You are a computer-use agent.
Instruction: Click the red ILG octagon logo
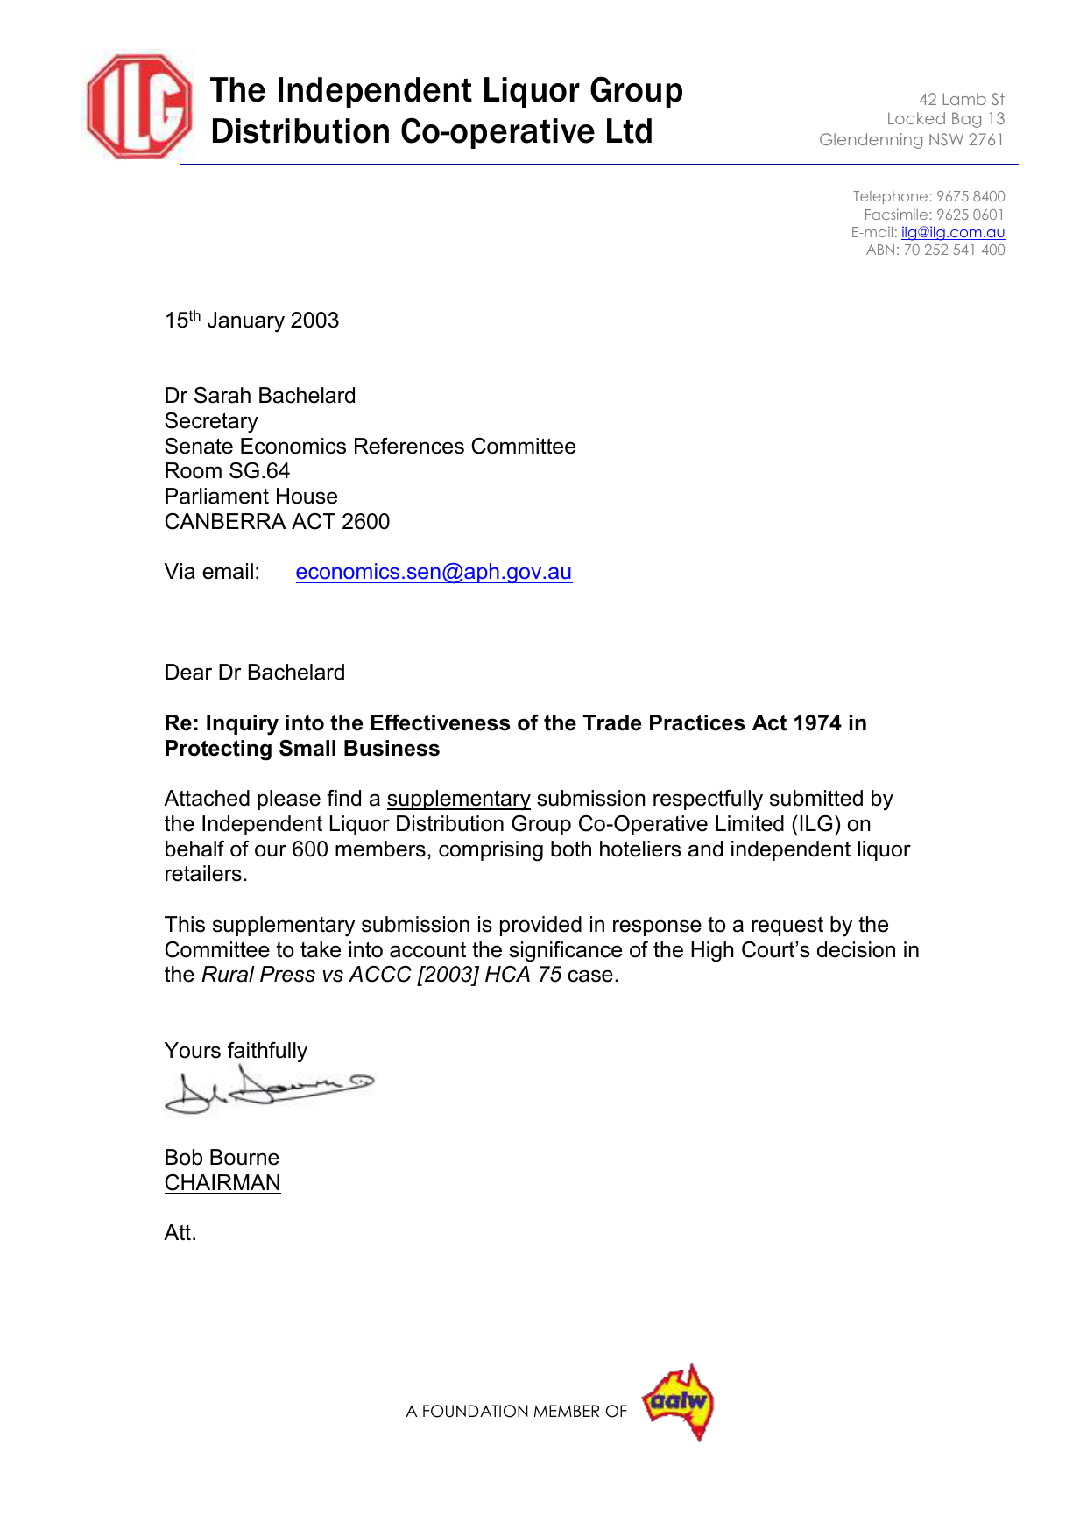coord(138,106)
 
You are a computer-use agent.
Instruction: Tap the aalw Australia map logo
coord(679,1402)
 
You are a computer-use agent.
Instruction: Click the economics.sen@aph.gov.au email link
coord(434,572)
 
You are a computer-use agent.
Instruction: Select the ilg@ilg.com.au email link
coord(952,232)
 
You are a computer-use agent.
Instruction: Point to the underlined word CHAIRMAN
coord(222,1183)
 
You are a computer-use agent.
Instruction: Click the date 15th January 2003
coord(251,321)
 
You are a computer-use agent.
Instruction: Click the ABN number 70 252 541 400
coord(954,250)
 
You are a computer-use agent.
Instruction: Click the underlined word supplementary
coord(458,799)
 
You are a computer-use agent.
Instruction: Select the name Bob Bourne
coord(222,1158)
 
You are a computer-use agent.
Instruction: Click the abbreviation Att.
coord(180,1233)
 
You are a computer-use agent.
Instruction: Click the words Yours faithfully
coord(236,1051)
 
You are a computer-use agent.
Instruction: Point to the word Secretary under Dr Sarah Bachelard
coord(211,421)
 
